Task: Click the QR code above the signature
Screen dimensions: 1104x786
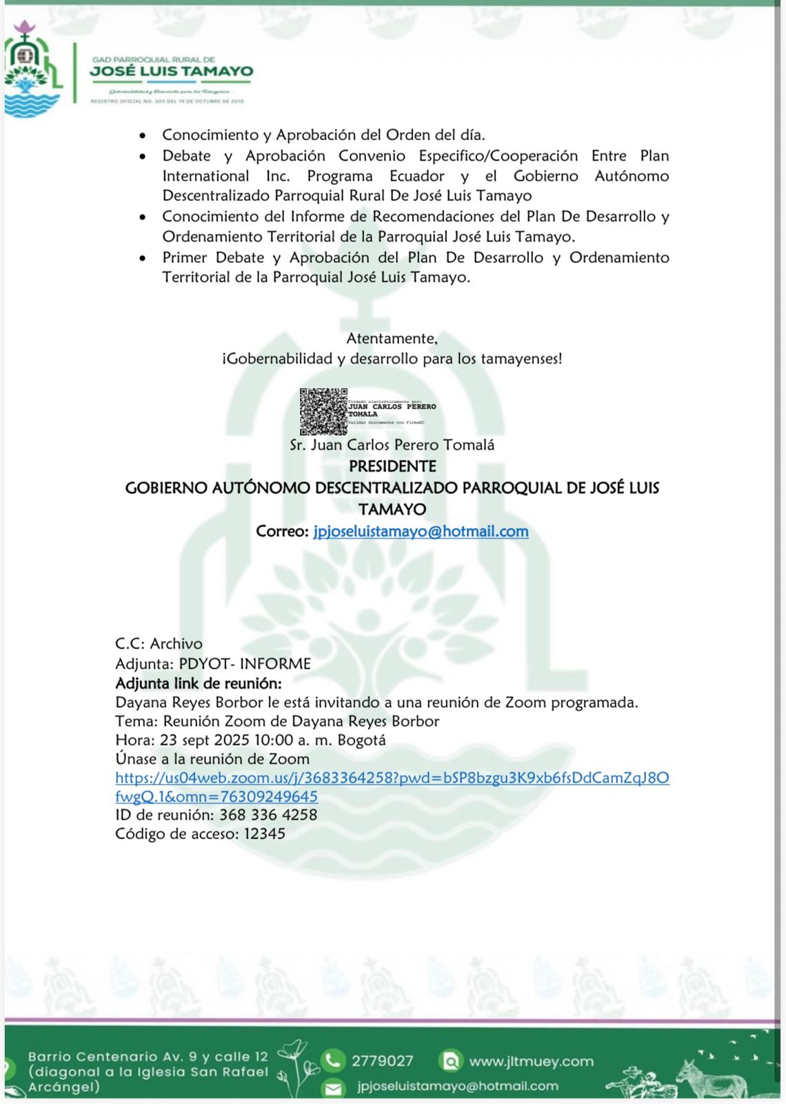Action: click(323, 411)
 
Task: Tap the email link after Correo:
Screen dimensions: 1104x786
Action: click(421, 531)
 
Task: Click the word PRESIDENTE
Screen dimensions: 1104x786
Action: click(392, 466)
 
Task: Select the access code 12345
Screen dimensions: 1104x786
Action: click(265, 834)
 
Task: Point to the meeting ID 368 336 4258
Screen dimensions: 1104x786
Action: click(268, 815)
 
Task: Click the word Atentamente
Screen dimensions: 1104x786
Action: click(392, 338)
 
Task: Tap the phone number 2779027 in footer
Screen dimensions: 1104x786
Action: click(382, 1061)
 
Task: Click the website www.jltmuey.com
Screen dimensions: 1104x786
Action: click(531, 1061)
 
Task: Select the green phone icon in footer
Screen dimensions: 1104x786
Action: click(334, 1060)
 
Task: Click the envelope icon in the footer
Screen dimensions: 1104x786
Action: click(334, 1087)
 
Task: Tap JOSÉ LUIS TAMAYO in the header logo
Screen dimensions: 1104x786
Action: click(172, 71)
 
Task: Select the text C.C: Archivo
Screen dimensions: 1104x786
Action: click(159, 644)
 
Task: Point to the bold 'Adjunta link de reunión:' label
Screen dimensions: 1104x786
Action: click(199, 683)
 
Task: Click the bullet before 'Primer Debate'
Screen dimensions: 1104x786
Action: click(142, 258)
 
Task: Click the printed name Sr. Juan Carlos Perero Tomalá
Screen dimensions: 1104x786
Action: click(392, 445)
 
